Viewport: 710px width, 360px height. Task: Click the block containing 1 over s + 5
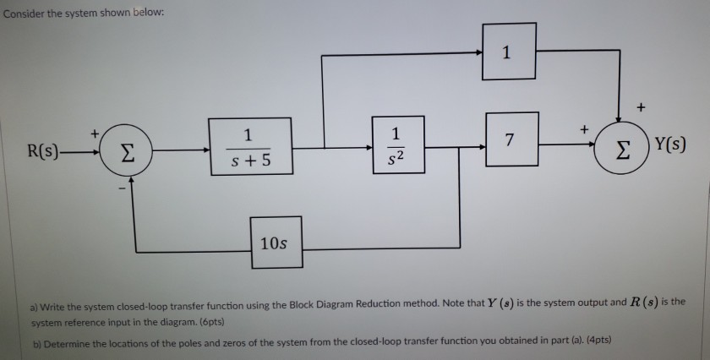tap(249, 145)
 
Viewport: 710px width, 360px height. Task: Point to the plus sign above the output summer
tap(640, 107)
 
